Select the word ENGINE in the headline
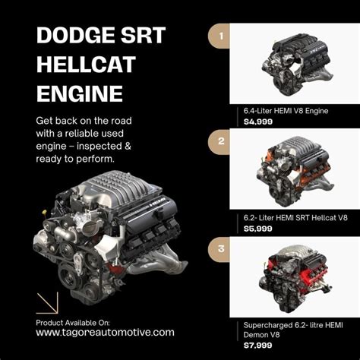point(79,93)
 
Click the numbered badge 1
point(219,36)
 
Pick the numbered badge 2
point(219,141)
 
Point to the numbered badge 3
point(219,249)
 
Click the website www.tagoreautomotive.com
point(105,332)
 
